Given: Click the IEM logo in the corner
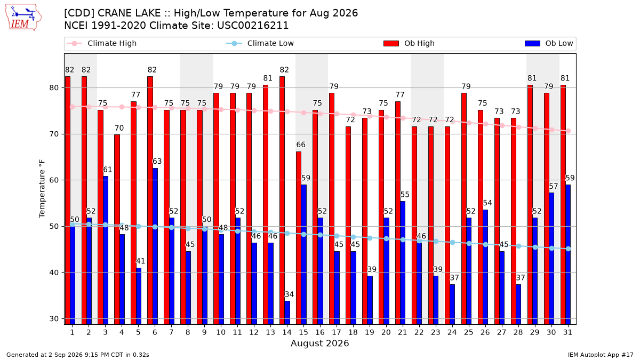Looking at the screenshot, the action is coord(23,18).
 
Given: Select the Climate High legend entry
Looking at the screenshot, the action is coord(101,43).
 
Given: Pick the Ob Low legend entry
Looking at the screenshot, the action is coord(549,43).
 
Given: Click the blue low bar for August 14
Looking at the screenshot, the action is coord(287,313).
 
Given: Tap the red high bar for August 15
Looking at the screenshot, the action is coord(299,238).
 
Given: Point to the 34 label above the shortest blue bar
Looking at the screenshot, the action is coord(289,294).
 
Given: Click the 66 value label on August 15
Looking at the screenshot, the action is coord(301,145).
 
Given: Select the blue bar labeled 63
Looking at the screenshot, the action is coord(155,246).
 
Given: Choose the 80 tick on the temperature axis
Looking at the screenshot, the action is coord(54,87).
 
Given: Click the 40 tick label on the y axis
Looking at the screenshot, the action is coord(54,273).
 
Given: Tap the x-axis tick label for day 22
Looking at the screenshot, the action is coord(419,332).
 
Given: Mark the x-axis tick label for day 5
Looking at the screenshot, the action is coord(138,332).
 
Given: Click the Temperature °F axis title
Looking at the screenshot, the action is coord(42,189).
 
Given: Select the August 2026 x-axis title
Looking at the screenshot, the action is coord(319,343).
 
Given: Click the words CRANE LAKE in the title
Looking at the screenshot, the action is coord(129,13).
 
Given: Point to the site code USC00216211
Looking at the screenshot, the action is coord(253,26).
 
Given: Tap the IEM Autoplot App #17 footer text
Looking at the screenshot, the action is coord(601,355).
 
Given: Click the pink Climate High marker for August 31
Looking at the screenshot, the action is coord(569,131).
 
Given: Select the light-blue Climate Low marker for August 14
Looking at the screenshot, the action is coord(287,234).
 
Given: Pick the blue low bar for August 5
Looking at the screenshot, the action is coord(139,297).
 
